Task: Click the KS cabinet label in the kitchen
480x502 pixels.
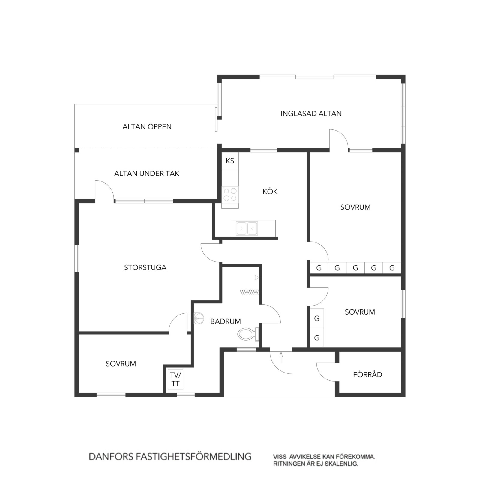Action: coord(230,161)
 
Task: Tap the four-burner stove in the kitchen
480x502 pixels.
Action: coord(230,194)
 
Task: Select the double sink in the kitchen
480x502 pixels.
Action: coord(247,228)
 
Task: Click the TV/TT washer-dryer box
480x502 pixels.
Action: coord(175,379)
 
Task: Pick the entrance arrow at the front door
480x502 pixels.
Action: coord(281,357)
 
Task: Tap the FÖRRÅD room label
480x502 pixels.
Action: coord(367,374)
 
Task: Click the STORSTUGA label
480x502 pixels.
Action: coord(145,267)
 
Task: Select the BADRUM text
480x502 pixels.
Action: coord(226,321)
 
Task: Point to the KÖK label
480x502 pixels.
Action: coord(270,191)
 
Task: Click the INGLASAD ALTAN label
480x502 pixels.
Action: coord(311,114)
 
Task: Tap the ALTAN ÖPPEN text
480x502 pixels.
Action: coord(147,126)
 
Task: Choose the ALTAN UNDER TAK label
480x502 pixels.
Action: coord(147,173)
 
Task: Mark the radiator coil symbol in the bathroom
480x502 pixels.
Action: coord(249,291)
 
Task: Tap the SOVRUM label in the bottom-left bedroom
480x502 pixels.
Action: coord(121,364)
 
